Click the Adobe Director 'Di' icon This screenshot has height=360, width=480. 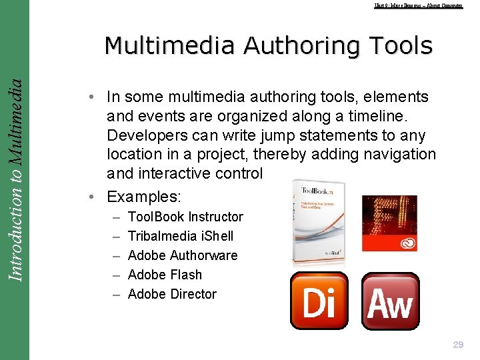pos(319,301)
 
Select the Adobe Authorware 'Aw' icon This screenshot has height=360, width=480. pos(390,301)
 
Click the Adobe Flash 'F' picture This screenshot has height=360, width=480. pos(389,223)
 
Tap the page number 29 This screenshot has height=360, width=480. pos(458,345)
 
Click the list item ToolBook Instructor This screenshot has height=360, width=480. pos(185,217)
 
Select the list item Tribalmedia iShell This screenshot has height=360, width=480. pos(180,236)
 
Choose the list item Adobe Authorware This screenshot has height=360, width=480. pos(182,255)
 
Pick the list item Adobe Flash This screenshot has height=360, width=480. pos(164,275)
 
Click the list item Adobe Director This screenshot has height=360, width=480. pos(172,294)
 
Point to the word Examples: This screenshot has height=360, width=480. pos(145,197)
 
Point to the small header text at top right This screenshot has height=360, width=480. pos(418,5)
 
